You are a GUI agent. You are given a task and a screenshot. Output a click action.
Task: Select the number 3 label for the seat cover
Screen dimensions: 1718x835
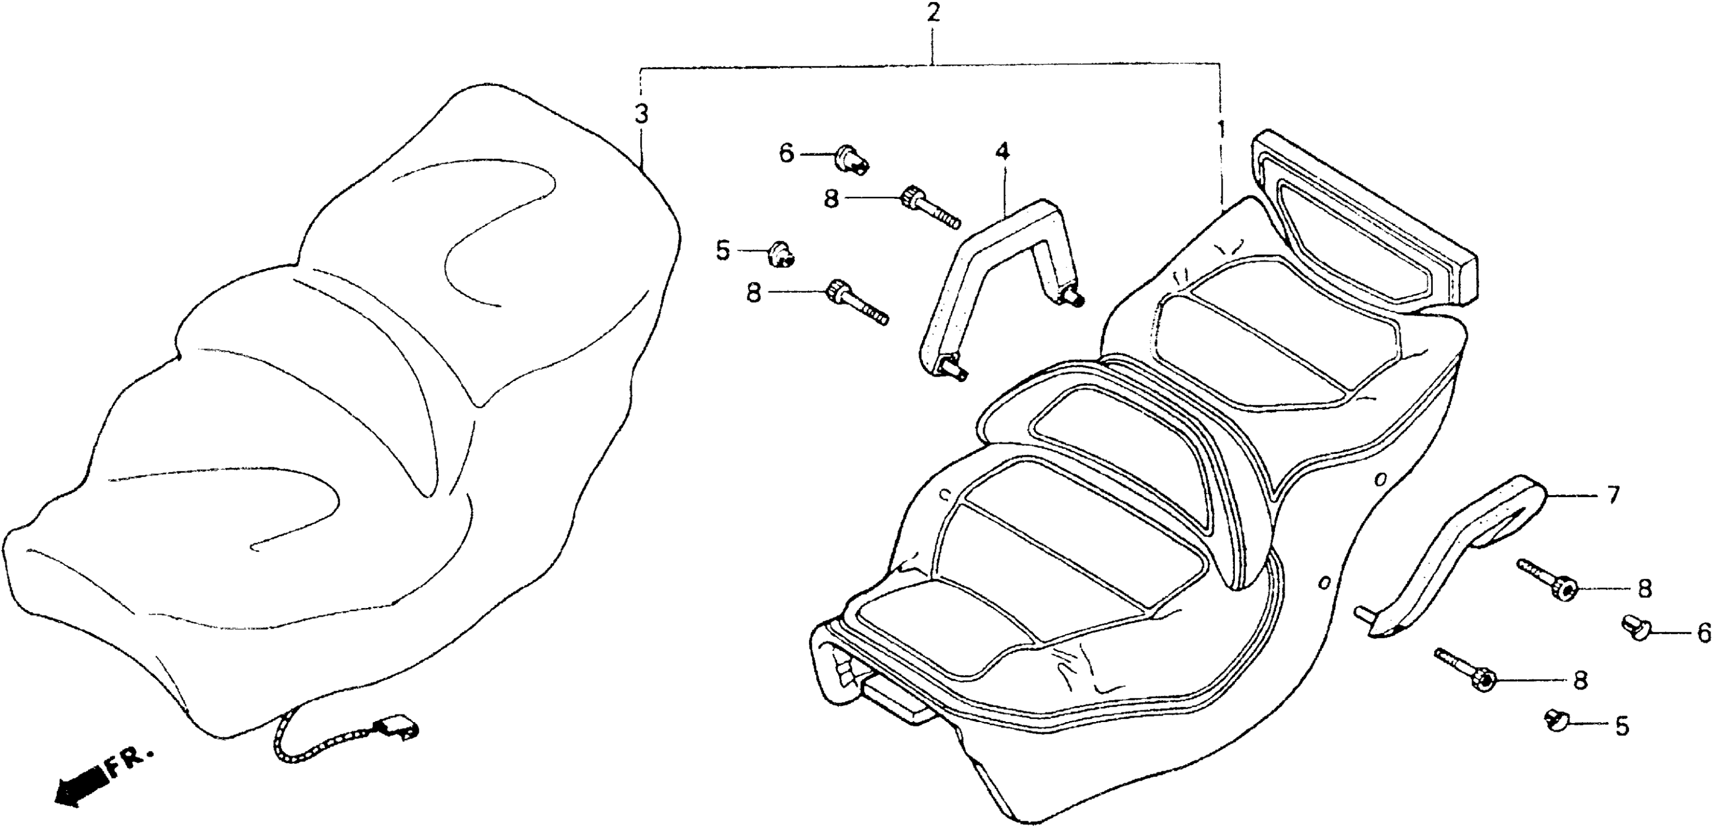click(640, 115)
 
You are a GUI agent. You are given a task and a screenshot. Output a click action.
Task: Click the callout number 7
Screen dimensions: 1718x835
click(1612, 495)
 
